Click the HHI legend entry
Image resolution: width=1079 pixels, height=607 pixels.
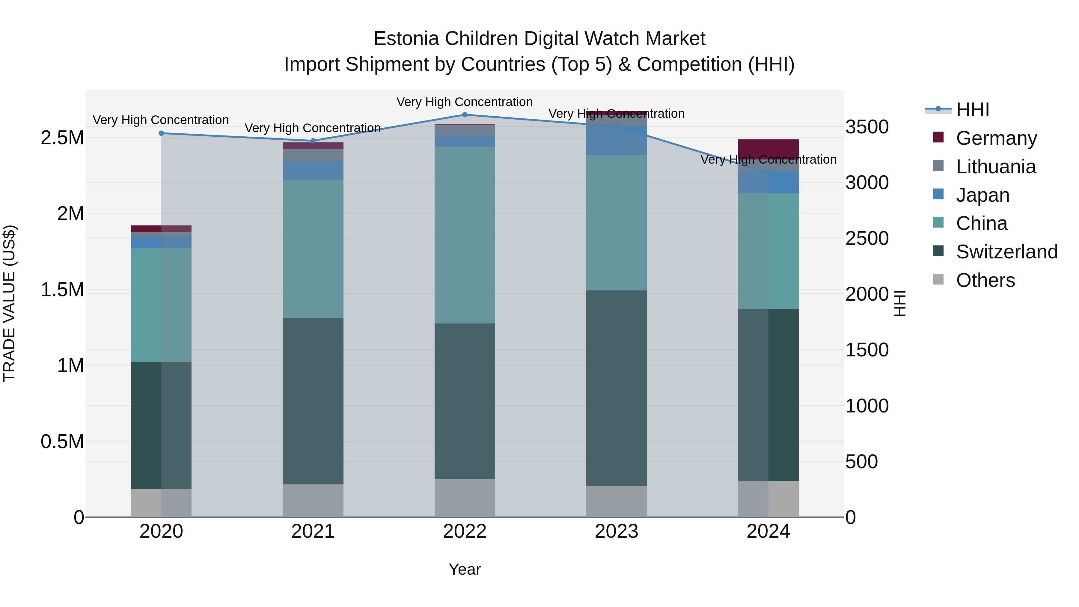pyautogui.click(x=972, y=110)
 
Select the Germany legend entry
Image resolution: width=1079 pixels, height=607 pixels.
pyautogui.click(x=996, y=138)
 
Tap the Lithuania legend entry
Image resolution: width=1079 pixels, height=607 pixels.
pyautogui.click(x=995, y=167)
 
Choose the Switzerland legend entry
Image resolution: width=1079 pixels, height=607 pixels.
pyautogui.click(x=1006, y=252)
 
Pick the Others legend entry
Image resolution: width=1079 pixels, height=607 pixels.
pyautogui.click(x=985, y=280)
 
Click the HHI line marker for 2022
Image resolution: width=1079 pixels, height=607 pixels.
pyautogui.click(x=465, y=115)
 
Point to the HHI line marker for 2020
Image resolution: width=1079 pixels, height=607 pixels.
pyautogui.click(x=161, y=133)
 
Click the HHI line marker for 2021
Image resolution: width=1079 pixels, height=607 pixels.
pyautogui.click(x=313, y=141)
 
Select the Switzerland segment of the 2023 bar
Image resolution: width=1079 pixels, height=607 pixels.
pyautogui.click(x=616, y=388)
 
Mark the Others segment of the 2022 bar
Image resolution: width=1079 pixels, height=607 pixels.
pyautogui.click(x=465, y=498)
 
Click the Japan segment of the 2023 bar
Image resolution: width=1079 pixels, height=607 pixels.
pyautogui.click(x=616, y=141)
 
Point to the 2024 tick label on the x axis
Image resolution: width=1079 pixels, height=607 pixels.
pyautogui.click(x=768, y=531)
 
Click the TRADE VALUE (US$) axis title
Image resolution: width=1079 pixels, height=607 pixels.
pyautogui.click(x=9, y=303)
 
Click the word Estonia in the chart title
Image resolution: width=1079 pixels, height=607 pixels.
pyautogui.click(x=407, y=39)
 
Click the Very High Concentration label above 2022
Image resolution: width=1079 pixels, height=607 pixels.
pyautogui.click(x=465, y=102)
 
